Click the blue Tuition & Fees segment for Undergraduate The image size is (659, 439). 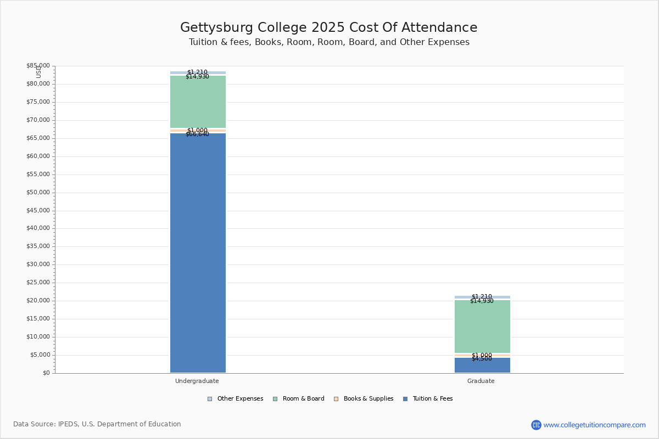198,252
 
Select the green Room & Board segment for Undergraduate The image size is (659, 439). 198,102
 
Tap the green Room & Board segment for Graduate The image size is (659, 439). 482,327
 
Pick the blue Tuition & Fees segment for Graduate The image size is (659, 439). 482,367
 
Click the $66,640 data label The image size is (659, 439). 197,134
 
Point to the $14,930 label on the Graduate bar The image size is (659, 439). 482,301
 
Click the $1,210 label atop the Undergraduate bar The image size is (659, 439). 197,72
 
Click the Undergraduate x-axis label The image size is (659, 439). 197,381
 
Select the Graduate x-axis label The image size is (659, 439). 481,381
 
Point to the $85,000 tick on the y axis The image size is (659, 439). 38,66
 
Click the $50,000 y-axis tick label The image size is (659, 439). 38,193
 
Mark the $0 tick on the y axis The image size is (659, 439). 46,373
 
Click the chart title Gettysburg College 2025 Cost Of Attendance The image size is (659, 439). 329,27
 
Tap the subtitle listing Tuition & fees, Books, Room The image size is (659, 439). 329,42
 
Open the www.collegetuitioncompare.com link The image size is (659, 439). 594,425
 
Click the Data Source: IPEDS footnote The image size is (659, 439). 97,424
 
